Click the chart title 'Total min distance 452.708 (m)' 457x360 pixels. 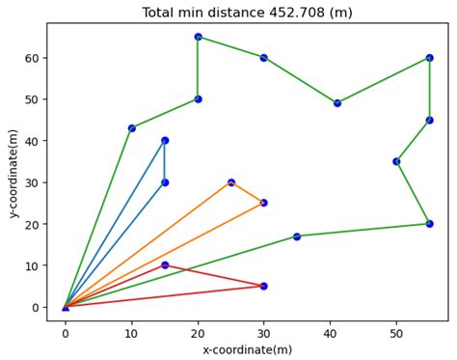pos(247,13)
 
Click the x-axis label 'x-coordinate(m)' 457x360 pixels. pos(247,349)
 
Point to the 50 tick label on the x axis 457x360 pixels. pos(396,333)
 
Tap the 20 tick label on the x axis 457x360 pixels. pos(198,333)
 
